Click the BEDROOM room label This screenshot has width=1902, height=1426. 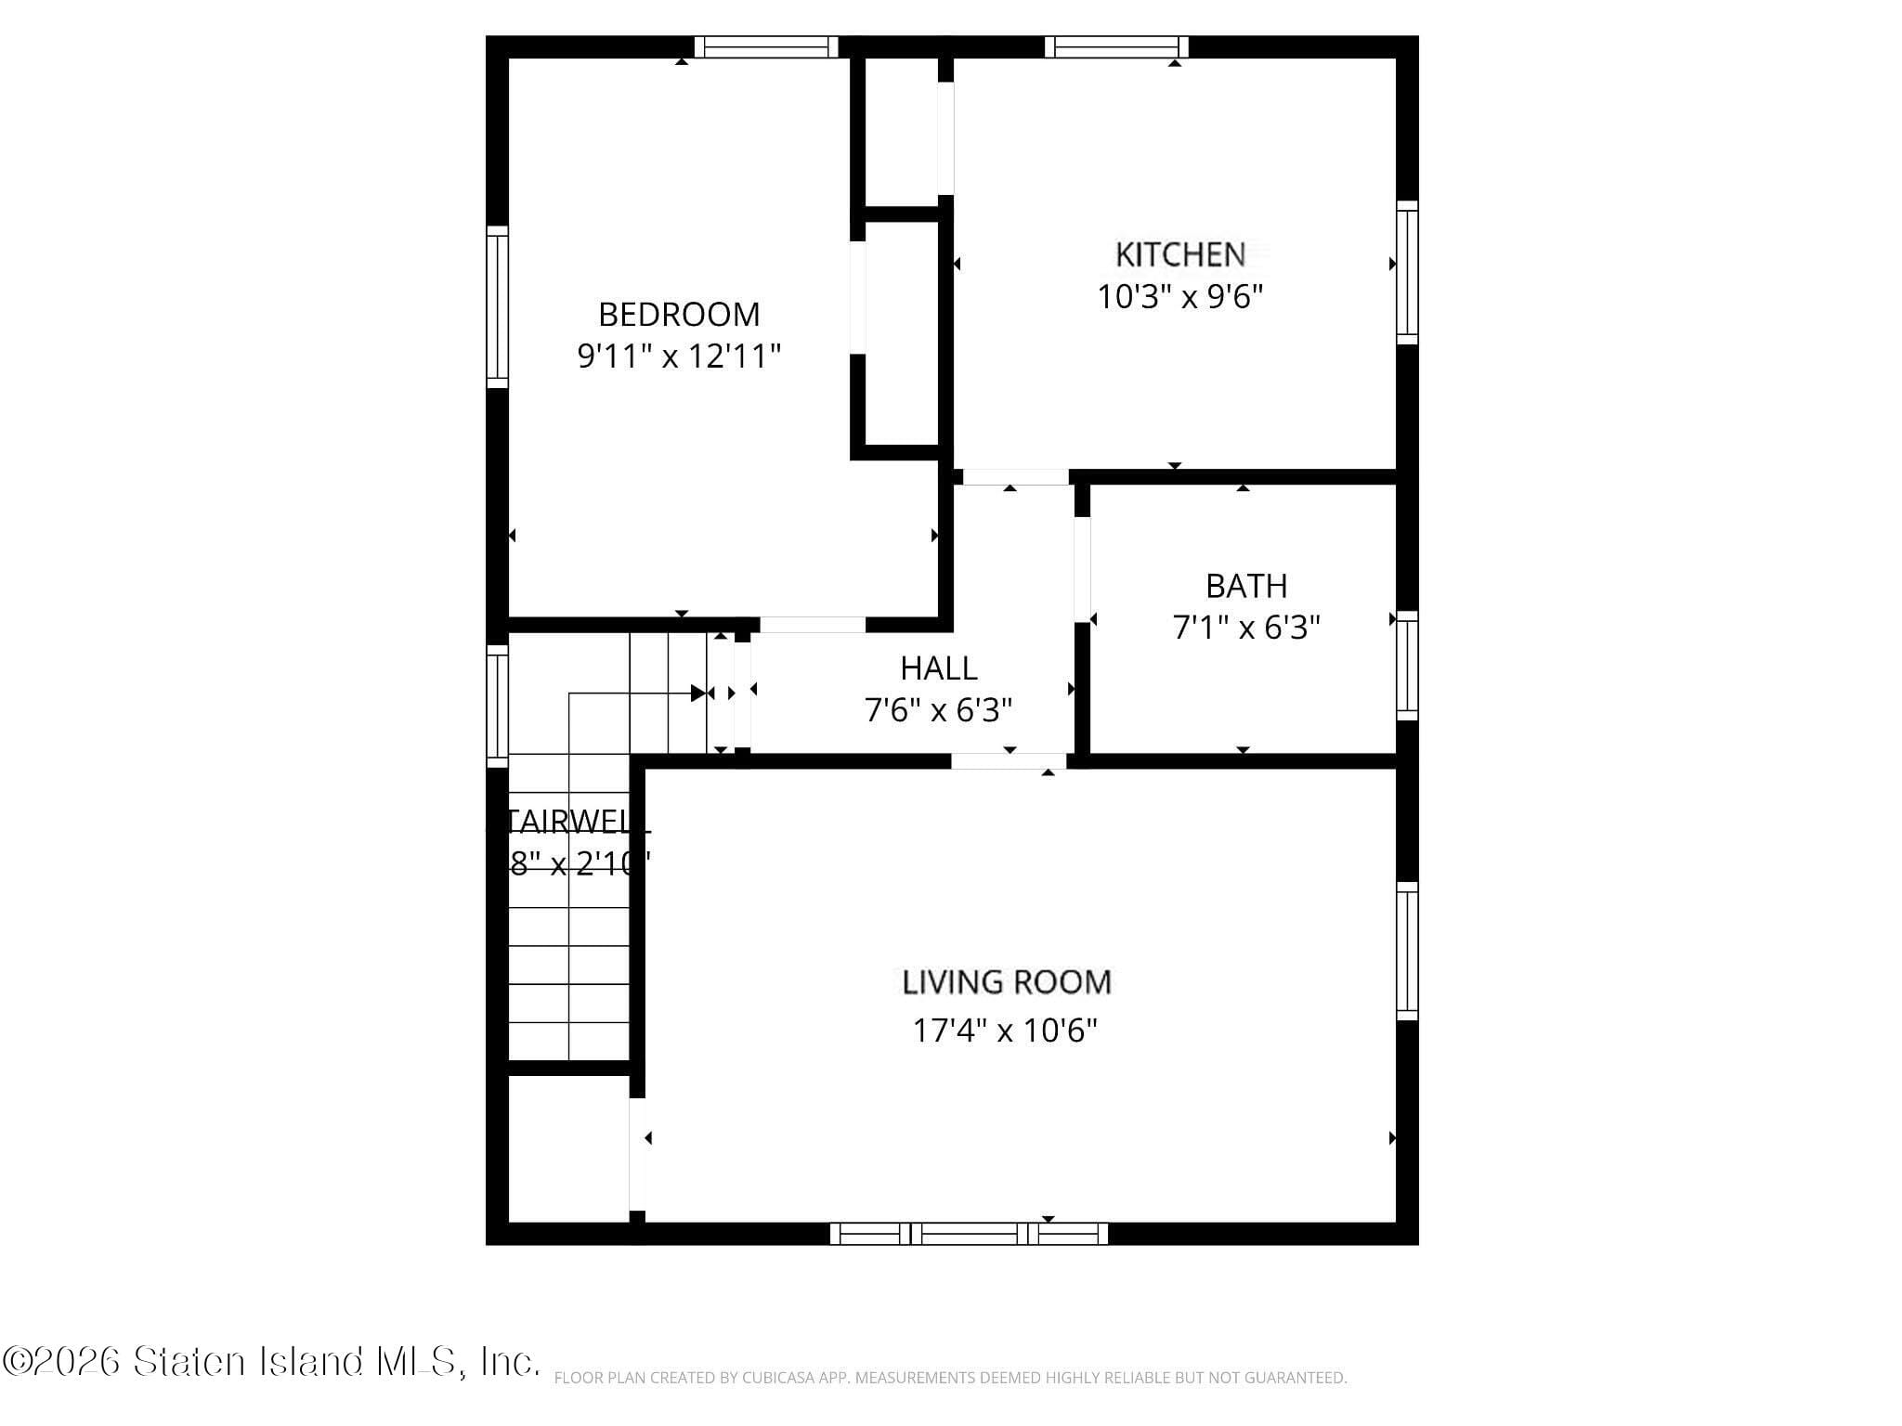679,315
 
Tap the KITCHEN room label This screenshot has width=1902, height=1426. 1179,254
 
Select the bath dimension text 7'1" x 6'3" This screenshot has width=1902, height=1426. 1246,629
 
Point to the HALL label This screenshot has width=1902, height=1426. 938,668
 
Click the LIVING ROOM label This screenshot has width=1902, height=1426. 1007,982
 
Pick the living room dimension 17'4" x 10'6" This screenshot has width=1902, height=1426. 1005,1031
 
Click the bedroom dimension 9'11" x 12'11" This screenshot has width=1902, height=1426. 679,356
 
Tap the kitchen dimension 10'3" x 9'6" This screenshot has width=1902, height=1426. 1179,297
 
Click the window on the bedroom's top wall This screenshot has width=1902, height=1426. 766,46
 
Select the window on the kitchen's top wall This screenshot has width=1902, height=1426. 1117,46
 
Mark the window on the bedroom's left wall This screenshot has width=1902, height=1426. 498,306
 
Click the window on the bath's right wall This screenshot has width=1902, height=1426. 1408,665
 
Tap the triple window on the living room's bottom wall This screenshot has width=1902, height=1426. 969,1234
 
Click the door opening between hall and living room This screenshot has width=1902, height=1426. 1008,761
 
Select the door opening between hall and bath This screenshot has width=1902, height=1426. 1082,569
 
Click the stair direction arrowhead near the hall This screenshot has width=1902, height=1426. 698,693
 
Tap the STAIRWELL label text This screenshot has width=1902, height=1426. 576,822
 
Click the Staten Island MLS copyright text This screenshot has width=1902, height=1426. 269,1362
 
